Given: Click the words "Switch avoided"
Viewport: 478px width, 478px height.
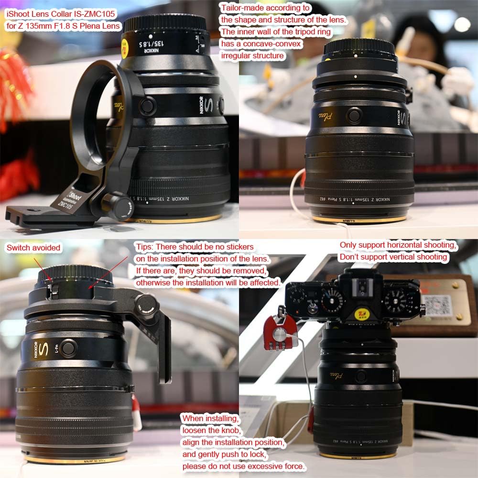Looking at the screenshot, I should click(33, 248).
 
